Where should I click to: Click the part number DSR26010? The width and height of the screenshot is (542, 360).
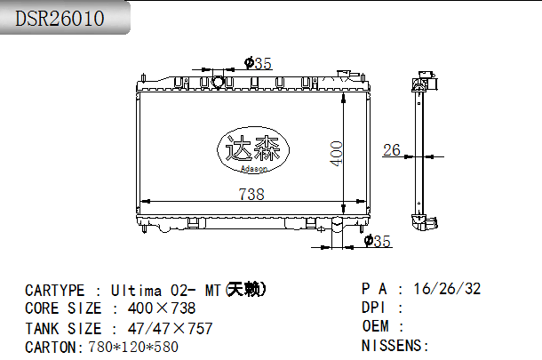click(x=60, y=19)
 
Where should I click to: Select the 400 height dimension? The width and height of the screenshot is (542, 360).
click(x=336, y=153)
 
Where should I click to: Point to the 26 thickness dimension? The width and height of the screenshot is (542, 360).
click(x=391, y=149)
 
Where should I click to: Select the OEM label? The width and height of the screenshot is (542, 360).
click(x=376, y=326)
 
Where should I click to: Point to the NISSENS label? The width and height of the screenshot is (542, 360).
click(x=394, y=345)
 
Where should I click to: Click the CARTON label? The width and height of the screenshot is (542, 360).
click(x=52, y=347)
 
